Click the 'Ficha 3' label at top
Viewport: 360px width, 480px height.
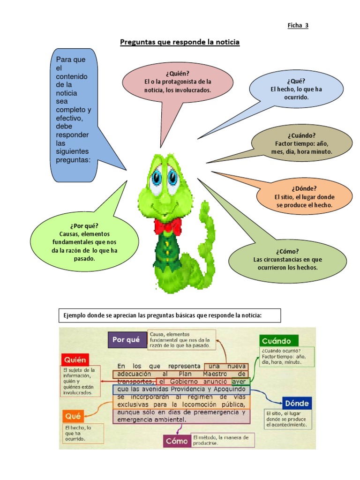pyautogui.click(x=298, y=25)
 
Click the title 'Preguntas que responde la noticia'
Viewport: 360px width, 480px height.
pyautogui.click(x=180, y=43)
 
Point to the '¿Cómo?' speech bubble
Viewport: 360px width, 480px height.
pyautogui.click(x=287, y=259)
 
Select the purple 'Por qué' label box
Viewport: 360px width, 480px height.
pyautogui.click(x=127, y=340)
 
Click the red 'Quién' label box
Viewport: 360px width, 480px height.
pyautogui.click(x=75, y=360)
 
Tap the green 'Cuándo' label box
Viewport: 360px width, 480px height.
pyautogui.click(x=278, y=341)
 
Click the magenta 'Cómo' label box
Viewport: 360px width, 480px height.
pyautogui.click(x=177, y=441)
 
